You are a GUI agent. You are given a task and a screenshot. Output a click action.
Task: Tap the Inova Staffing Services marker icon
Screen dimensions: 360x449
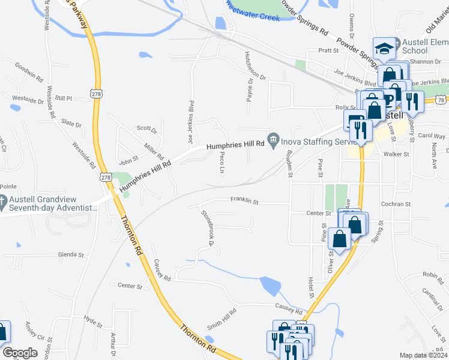[274, 142]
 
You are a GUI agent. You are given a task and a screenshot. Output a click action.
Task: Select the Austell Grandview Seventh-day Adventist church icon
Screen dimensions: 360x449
[3, 202]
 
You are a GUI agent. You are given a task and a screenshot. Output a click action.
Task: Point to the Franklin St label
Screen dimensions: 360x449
[244, 202]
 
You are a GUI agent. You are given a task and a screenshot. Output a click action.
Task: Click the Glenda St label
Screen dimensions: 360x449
[71, 255]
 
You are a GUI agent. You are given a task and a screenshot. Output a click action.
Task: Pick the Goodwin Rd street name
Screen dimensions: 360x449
[29, 71]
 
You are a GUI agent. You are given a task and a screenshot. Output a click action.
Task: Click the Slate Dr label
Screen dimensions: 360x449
[71, 124]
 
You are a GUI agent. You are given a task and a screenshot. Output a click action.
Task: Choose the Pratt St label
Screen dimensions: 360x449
[328, 51]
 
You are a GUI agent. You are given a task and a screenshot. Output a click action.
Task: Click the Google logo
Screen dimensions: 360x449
[20, 353]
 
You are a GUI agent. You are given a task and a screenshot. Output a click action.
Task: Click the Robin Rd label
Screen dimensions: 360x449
[432, 274]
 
